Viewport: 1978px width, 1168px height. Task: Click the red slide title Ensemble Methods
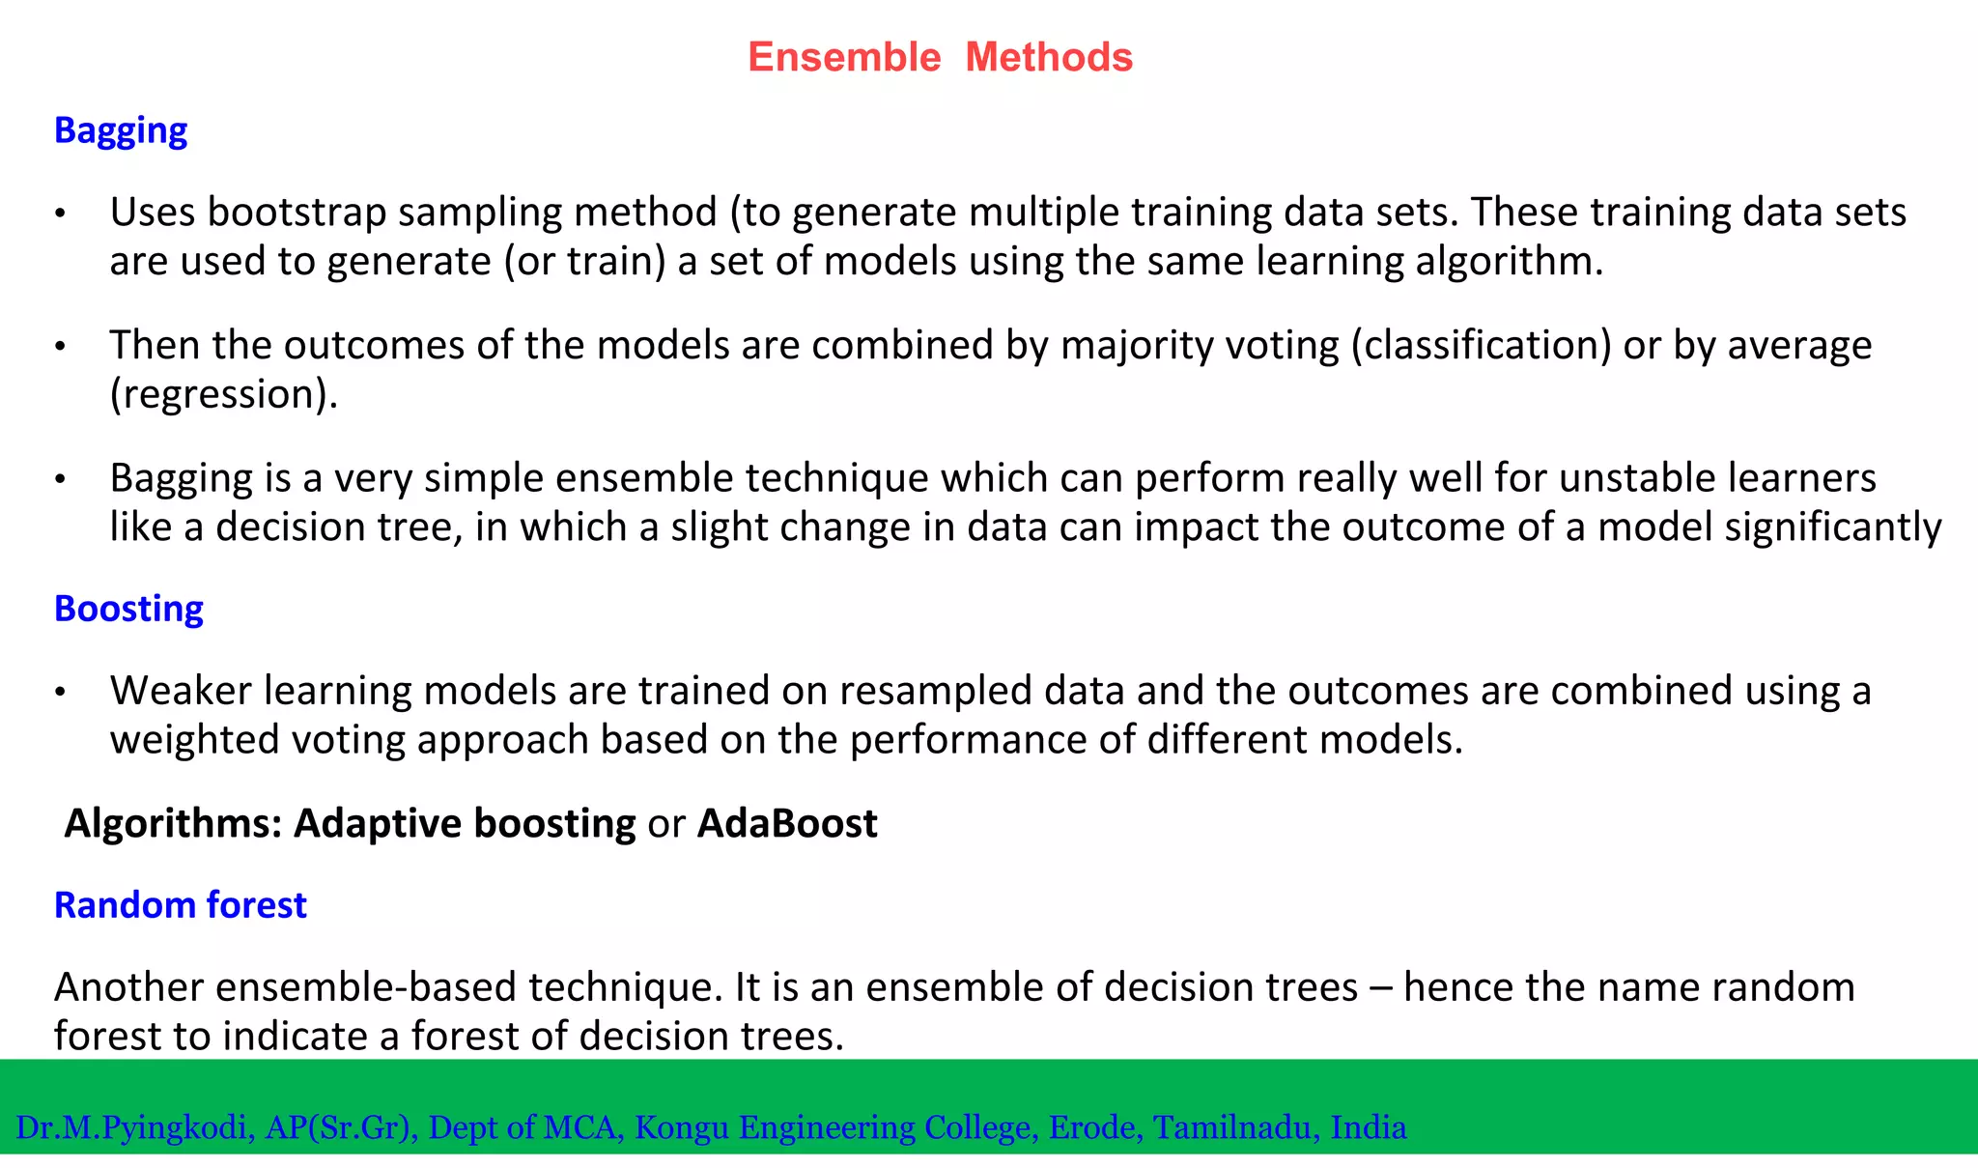pyautogui.click(x=940, y=57)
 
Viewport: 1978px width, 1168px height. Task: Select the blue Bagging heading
pyautogui.click(x=121, y=130)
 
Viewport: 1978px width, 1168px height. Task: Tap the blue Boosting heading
pyautogui.click(x=128, y=609)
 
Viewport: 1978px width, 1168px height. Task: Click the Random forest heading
pyautogui.click(x=180, y=905)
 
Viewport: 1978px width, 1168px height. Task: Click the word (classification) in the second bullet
pyautogui.click(x=1481, y=346)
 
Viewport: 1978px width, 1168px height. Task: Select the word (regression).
pyautogui.click(x=223, y=394)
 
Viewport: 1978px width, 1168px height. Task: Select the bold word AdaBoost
pyautogui.click(x=787, y=824)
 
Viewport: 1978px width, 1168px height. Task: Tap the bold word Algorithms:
pyautogui.click(x=173, y=824)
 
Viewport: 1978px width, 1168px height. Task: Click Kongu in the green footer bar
pyautogui.click(x=681, y=1127)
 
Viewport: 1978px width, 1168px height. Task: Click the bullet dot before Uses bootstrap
pyautogui.click(x=60, y=214)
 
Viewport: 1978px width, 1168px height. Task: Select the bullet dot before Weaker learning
pyautogui.click(x=60, y=693)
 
